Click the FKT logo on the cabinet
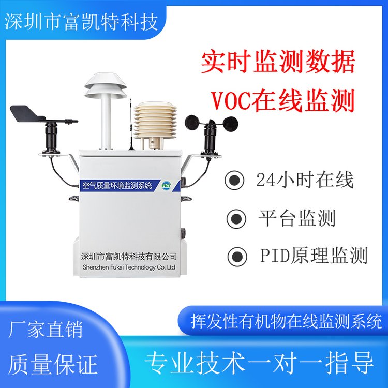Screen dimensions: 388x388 (166, 186)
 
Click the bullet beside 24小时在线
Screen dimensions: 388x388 (234, 181)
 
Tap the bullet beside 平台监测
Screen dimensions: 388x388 (236, 218)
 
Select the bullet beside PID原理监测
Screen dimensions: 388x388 (237, 256)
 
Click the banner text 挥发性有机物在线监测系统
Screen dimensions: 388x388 (287, 322)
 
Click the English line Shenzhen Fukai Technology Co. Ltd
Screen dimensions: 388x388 (129, 267)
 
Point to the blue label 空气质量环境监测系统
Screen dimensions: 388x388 (117, 186)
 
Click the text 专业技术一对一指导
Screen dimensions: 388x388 (259, 363)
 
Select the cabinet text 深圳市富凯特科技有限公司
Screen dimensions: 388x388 (129, 257)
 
